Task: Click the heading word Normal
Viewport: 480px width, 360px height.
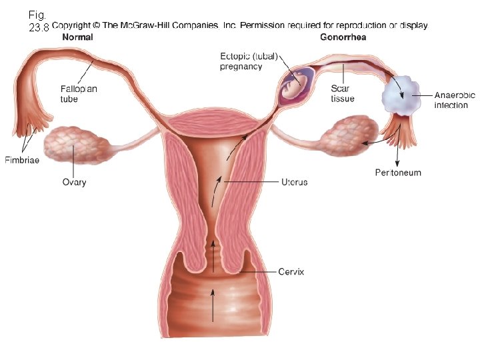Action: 77,37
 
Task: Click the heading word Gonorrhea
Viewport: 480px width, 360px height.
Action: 343,37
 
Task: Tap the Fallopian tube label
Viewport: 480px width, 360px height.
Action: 79,93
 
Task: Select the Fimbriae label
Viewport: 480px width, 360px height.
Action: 22,160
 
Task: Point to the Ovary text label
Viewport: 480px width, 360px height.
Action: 74,182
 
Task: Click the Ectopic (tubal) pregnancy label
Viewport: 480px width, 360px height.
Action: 248,61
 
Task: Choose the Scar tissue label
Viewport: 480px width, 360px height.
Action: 343,93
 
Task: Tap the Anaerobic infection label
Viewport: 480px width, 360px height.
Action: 455,100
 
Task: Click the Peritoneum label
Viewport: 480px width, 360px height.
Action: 398,173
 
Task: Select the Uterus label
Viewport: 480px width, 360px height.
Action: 294,182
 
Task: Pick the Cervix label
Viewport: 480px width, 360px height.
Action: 291,272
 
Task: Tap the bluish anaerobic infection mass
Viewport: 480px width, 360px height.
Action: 400,98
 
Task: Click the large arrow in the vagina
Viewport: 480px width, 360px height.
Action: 213,305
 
